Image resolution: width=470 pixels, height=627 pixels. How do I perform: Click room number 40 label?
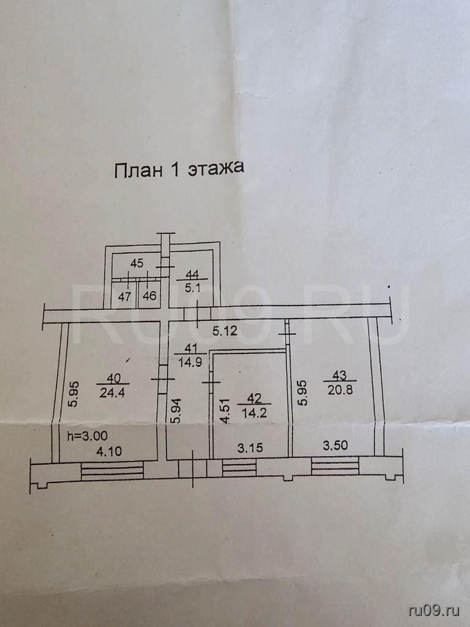pos(110,377)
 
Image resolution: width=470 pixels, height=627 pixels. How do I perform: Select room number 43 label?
pos(337,375)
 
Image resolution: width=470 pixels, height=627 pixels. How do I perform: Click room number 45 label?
pos(137,264)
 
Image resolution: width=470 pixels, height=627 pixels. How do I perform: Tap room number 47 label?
pos(125,296)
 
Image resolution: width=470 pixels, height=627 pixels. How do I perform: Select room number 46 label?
pos(149,296)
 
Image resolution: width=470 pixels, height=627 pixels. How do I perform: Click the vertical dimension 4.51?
pos(225,411)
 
